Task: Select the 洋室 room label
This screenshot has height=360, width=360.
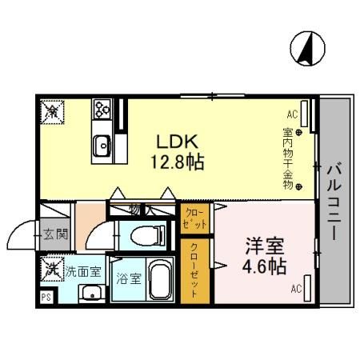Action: coord(264,245)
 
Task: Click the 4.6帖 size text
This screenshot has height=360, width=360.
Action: coord(264,266)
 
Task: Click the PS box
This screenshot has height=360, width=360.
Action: coord(46,294)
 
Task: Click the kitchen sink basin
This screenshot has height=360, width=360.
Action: coord(102,146)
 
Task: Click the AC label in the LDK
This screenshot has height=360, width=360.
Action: coord(292,114)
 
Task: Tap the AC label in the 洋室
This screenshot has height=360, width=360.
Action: coord(296,289)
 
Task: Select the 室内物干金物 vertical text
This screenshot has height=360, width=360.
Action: coord(288,158)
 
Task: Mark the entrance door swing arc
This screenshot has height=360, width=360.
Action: coord(18,236)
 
